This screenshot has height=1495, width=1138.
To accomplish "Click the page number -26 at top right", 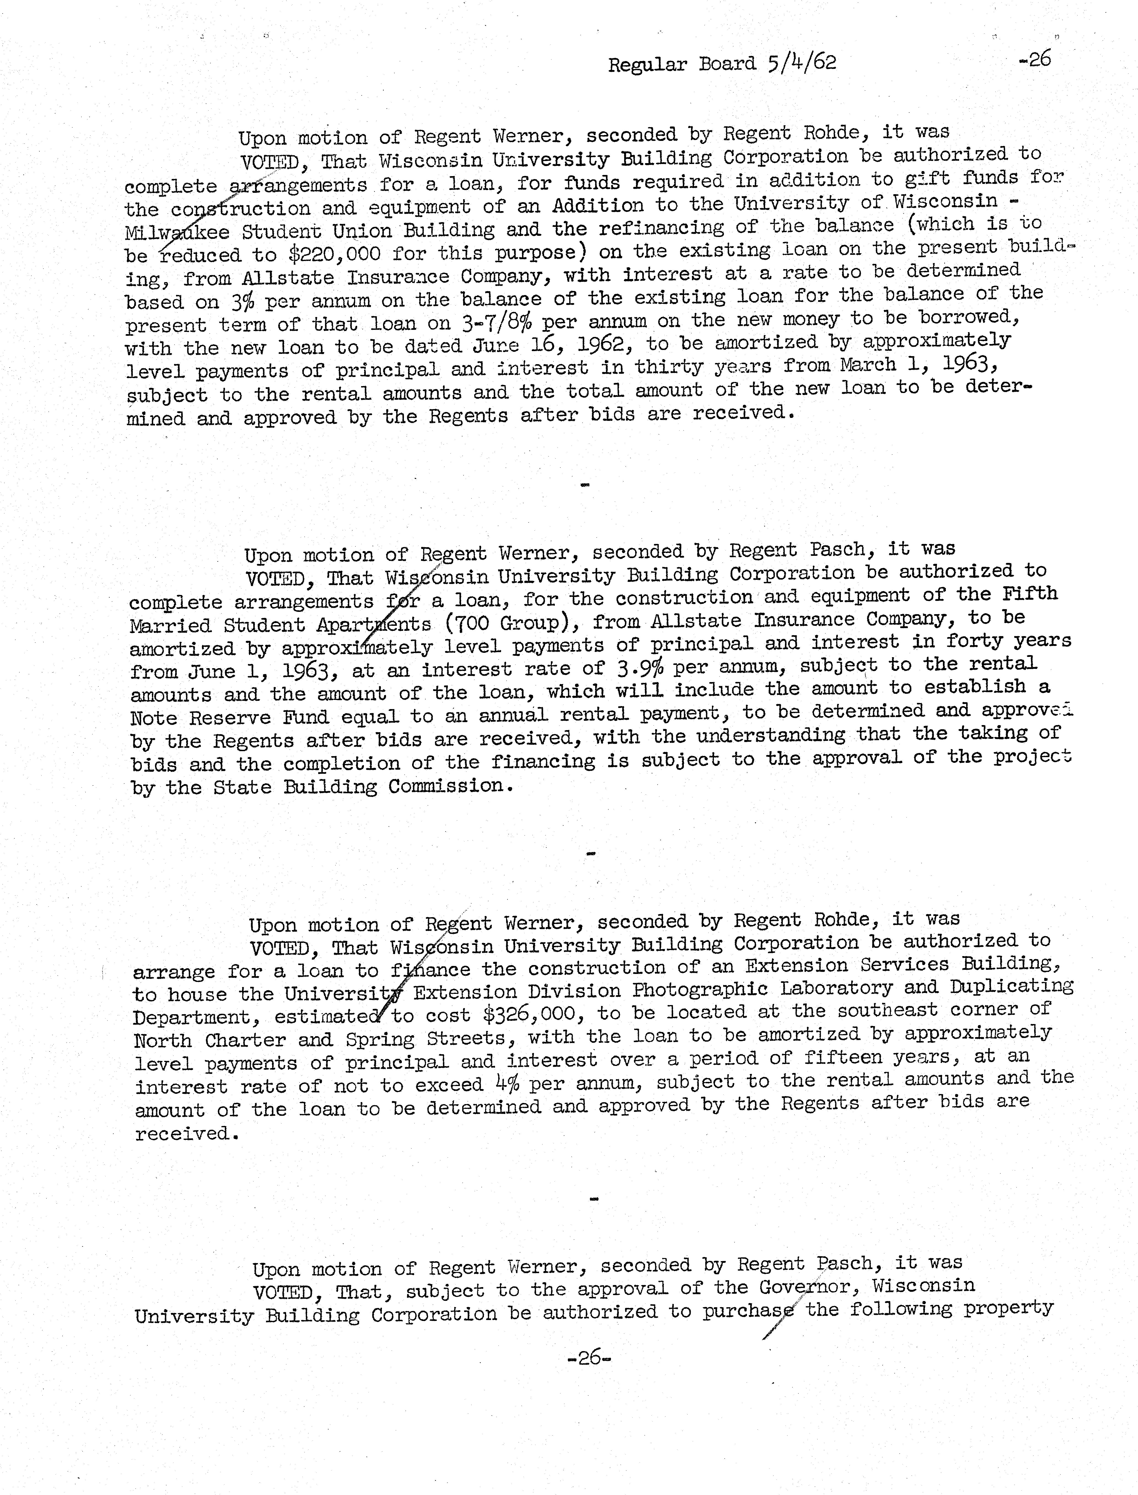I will tap(1034, 60).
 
